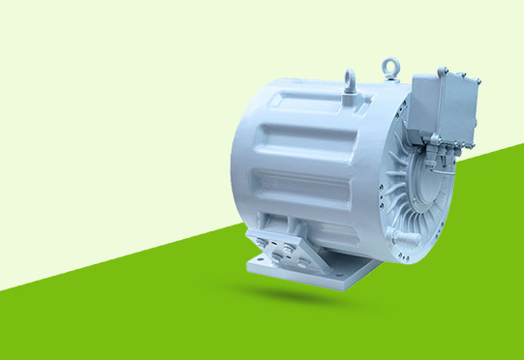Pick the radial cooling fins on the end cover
[x=402, y=184]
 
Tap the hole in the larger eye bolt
[x=390, y=65]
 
